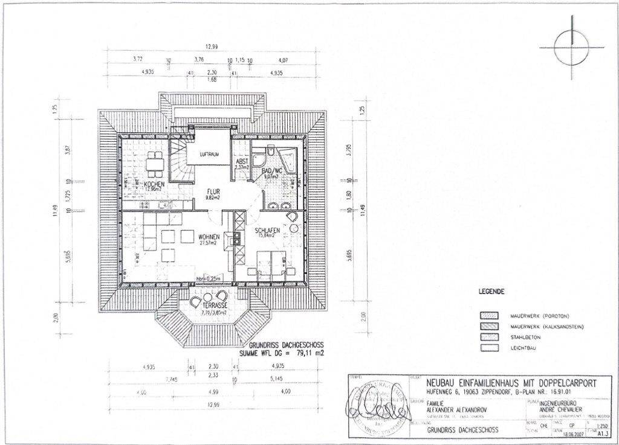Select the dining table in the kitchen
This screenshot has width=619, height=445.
click(155, 161)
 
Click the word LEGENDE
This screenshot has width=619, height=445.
click(492, 291)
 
